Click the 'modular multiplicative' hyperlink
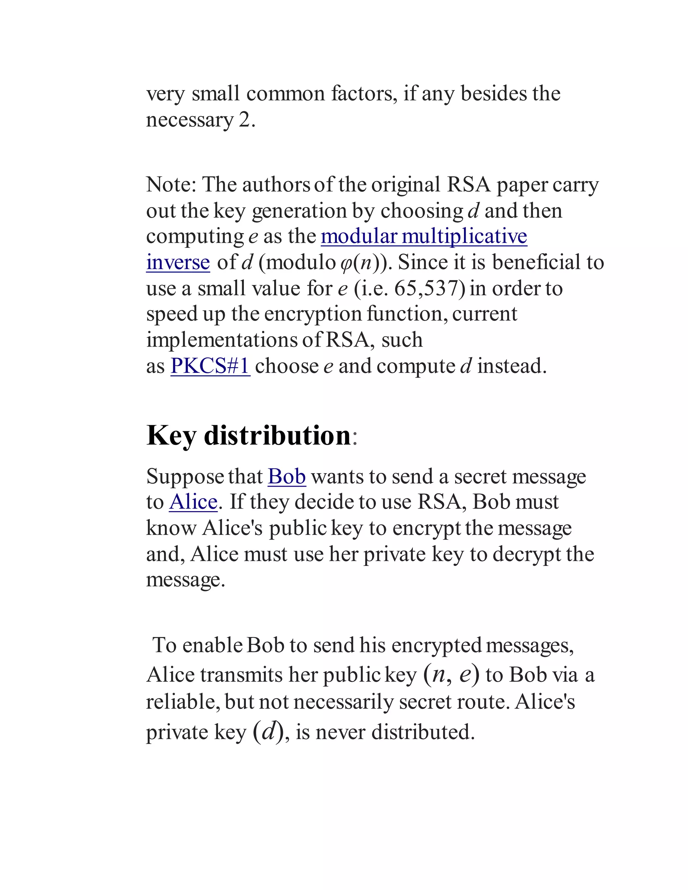pos(424,236)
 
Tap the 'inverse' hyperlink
pos(178,262)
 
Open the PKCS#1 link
pos(210,365)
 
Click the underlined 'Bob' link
pos(287,476)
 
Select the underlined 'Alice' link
pos(193,502)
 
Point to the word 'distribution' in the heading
pos(277,435)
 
